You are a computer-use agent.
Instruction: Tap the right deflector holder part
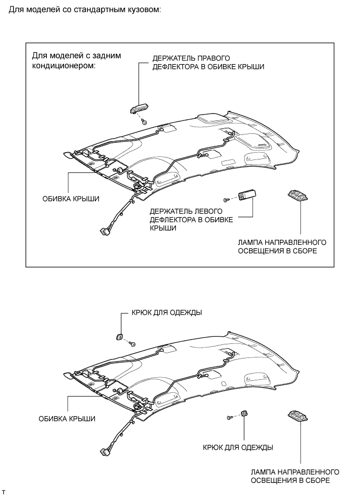pos(139,108)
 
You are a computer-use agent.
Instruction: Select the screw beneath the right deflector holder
pos(144,121)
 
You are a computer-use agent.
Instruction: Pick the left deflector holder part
pos(245,196)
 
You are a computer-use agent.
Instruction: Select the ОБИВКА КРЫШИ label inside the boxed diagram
pos(71,199)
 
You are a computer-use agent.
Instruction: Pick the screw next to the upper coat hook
pos(132,344)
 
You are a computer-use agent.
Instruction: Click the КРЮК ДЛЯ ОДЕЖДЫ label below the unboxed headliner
pos(238,448)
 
